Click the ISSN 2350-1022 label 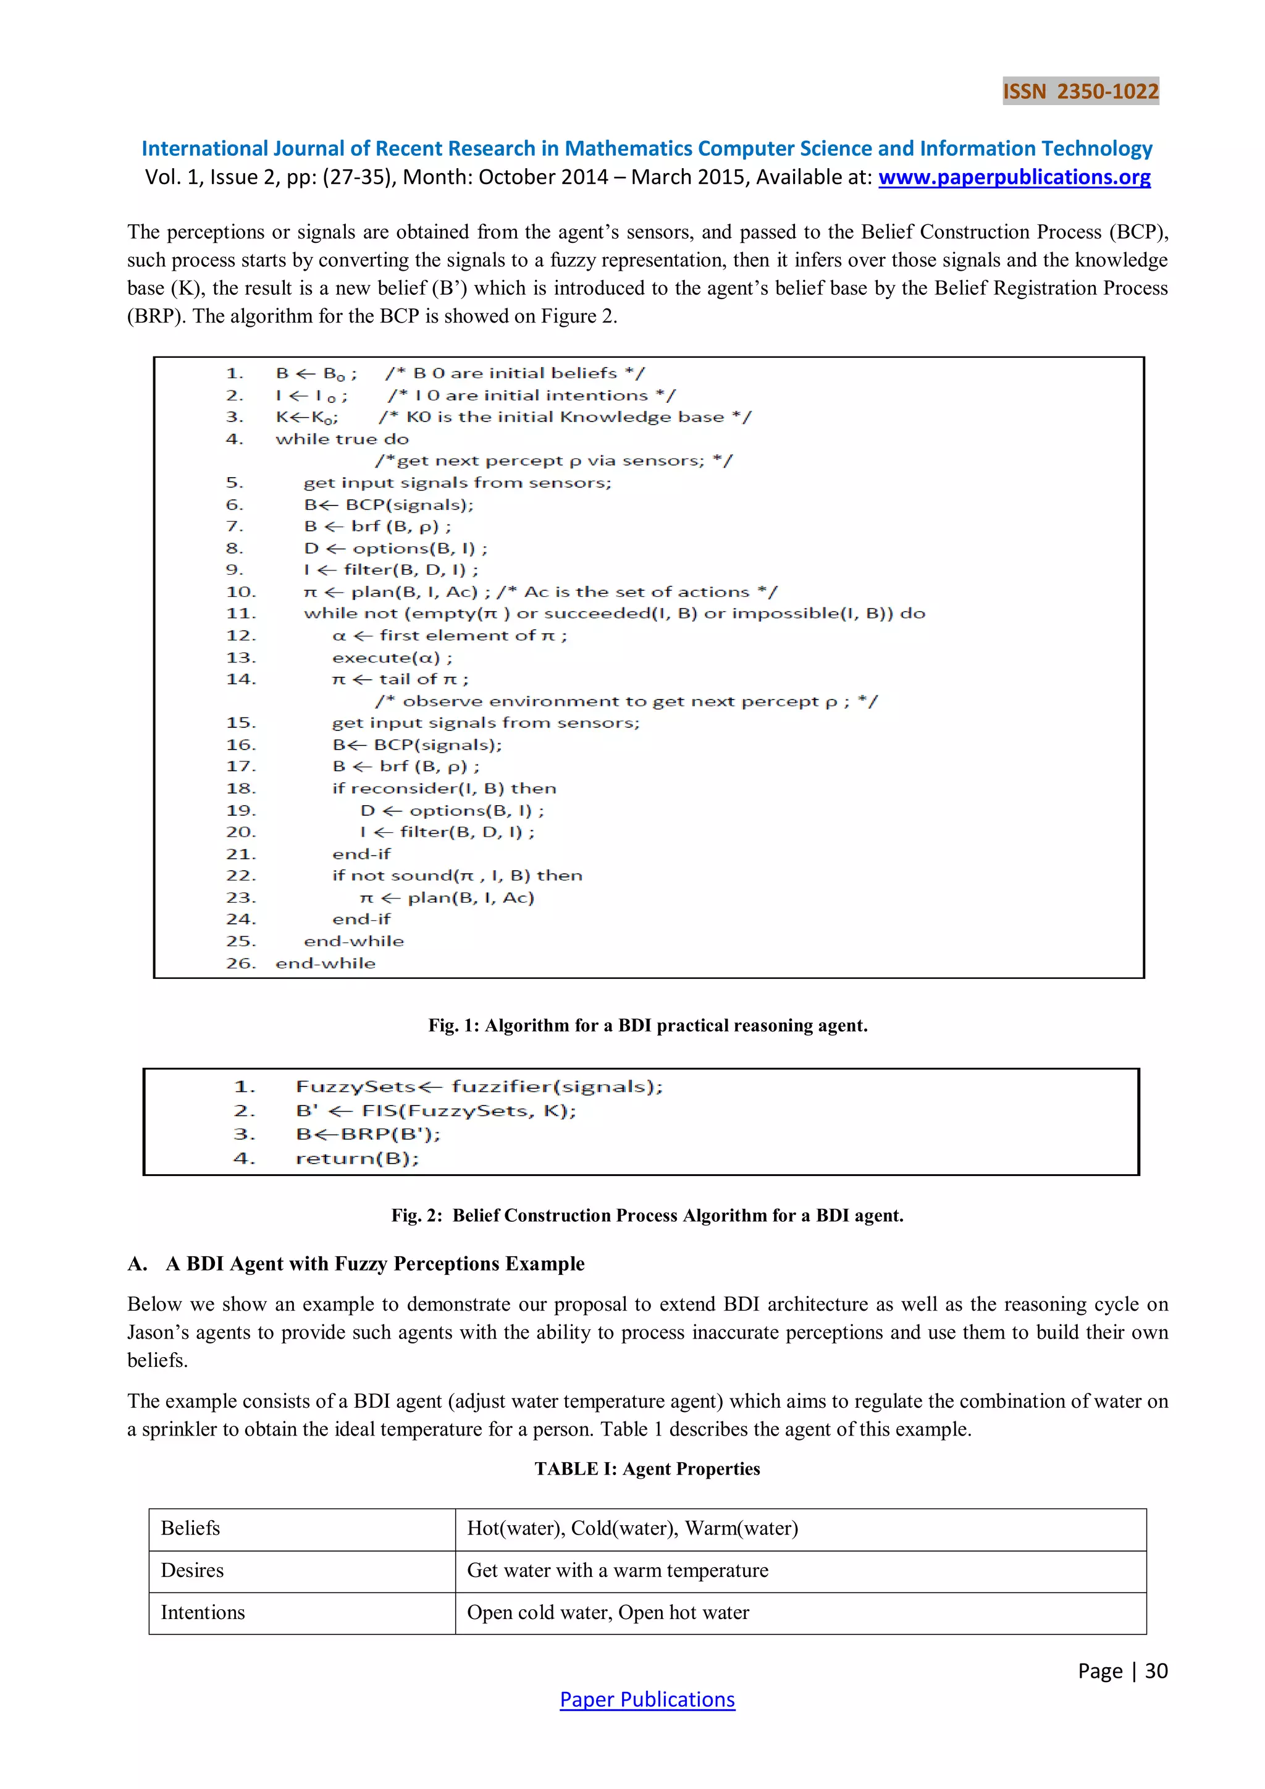1080,91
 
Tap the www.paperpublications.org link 1014,177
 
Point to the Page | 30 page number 1122,1670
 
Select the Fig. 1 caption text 647,1025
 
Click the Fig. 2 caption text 647,1215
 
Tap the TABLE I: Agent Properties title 647,1468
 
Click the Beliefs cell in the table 191,1528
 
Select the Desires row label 192,1570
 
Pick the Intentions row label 203,1612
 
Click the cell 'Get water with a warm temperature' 617,1570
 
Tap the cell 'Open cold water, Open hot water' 608,1612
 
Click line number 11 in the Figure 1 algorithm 241,613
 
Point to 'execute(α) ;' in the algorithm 392,657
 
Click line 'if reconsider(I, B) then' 444,788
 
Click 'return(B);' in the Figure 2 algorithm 357,1158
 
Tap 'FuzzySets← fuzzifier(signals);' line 478,1086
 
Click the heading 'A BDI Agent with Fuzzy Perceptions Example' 375,1263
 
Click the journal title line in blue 647,148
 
